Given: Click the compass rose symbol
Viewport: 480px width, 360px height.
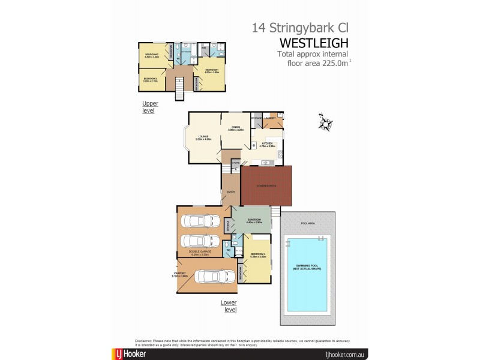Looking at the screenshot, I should pyautogui.click(x=326, y=122).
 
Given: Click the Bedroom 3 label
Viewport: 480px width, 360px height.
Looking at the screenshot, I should pyautogui.click(x=150, y=79).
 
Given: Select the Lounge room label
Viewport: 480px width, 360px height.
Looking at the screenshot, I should pyautogui.click(x=203, y=138).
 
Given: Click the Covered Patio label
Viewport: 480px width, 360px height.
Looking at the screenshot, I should pyautogui.click(x=266, y=185).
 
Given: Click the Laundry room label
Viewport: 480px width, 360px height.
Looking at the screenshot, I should pyautogui.click(x=269, y=118).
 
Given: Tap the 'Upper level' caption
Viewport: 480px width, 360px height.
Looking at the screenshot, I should pyautogui.click(x=150, y=107).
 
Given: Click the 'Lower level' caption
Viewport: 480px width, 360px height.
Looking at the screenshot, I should pyautogui.click(x=228, y=307).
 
